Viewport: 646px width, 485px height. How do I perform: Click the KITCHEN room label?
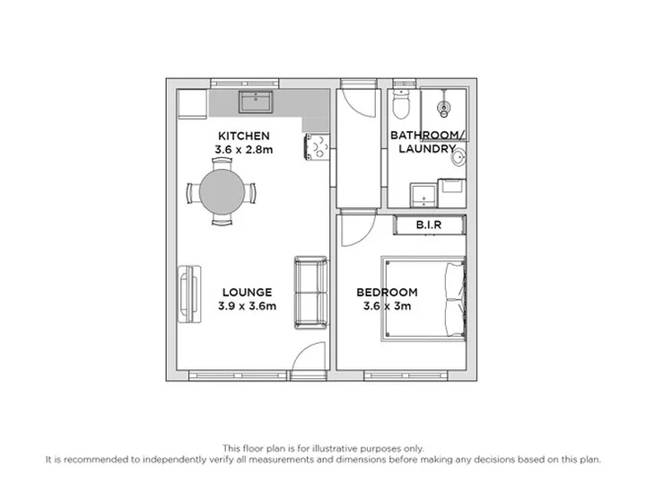click(243, 136)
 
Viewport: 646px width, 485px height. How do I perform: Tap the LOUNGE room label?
click(248, 293)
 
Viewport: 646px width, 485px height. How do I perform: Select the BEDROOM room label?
click(387, 293)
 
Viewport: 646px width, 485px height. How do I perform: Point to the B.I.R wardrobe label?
click(429, 225)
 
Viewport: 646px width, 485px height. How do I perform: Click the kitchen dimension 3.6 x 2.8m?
click(243, 149)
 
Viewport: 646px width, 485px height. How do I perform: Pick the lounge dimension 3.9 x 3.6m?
click(248, 306)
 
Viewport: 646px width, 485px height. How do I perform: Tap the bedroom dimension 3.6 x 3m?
click(387, 306)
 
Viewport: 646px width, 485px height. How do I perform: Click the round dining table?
click(222, 192)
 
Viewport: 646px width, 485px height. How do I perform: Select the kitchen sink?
click(256, 101)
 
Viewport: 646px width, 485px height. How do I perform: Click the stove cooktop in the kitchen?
click(317, 146)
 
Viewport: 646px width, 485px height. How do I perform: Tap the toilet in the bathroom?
click(401, 103)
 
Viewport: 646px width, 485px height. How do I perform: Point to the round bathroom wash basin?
click(458, 157)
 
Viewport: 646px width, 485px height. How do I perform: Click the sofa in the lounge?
click(311, 293)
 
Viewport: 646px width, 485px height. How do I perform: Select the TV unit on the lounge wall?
click(189, 294)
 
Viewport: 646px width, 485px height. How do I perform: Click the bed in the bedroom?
click(423, 298)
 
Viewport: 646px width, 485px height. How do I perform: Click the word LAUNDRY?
click(427, 148)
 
